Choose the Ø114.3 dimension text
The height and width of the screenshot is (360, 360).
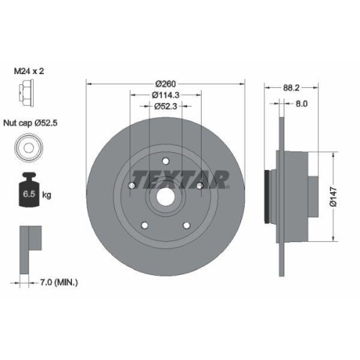pos(166,95)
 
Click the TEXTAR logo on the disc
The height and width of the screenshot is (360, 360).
pos(180,177)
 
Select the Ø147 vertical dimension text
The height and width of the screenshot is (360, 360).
pos(333,194)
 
